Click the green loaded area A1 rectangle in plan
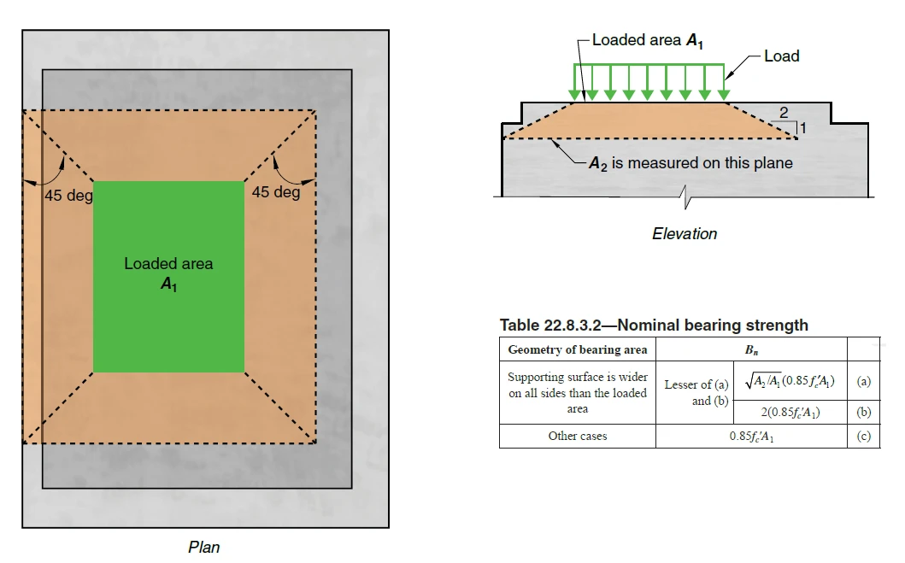pyautogui.click(x=168, y=277)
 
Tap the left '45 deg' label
pyautogui.click(x=68, y=196)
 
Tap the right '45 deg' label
pyautogui.click(x=276, y=192)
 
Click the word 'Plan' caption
pyautogui.click(x=203, y=547)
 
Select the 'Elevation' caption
pyautogui.click(x=685, y=233)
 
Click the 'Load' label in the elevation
pyautogui.click(x=781, y=56)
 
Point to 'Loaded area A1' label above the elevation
pyautogui.click(x=648, y=40)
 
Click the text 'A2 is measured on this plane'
pyautogui.click(x=691, y=164)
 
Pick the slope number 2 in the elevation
pyautogui.click(x=784, y=113)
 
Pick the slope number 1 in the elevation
pyautogui.click(x=802, y=127)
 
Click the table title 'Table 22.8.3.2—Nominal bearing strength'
pyautogui.click(x=654, y=325)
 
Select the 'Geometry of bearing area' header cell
pyautogui.click(x=578, y=349)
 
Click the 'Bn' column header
pyautogui.click(x=751, y=349)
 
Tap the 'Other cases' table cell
pyautogui.click(x=578, y=436)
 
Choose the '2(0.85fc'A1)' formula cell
pyautogui.click(x=790, y=412)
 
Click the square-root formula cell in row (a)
pyautogui.click(x=790, y=381)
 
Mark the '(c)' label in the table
pyautogui.click(x=863, y=436)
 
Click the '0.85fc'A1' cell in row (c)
pyautogui.click(x=751, y=436)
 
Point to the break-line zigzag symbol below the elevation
pyautogui.click(x=685, y=196)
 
